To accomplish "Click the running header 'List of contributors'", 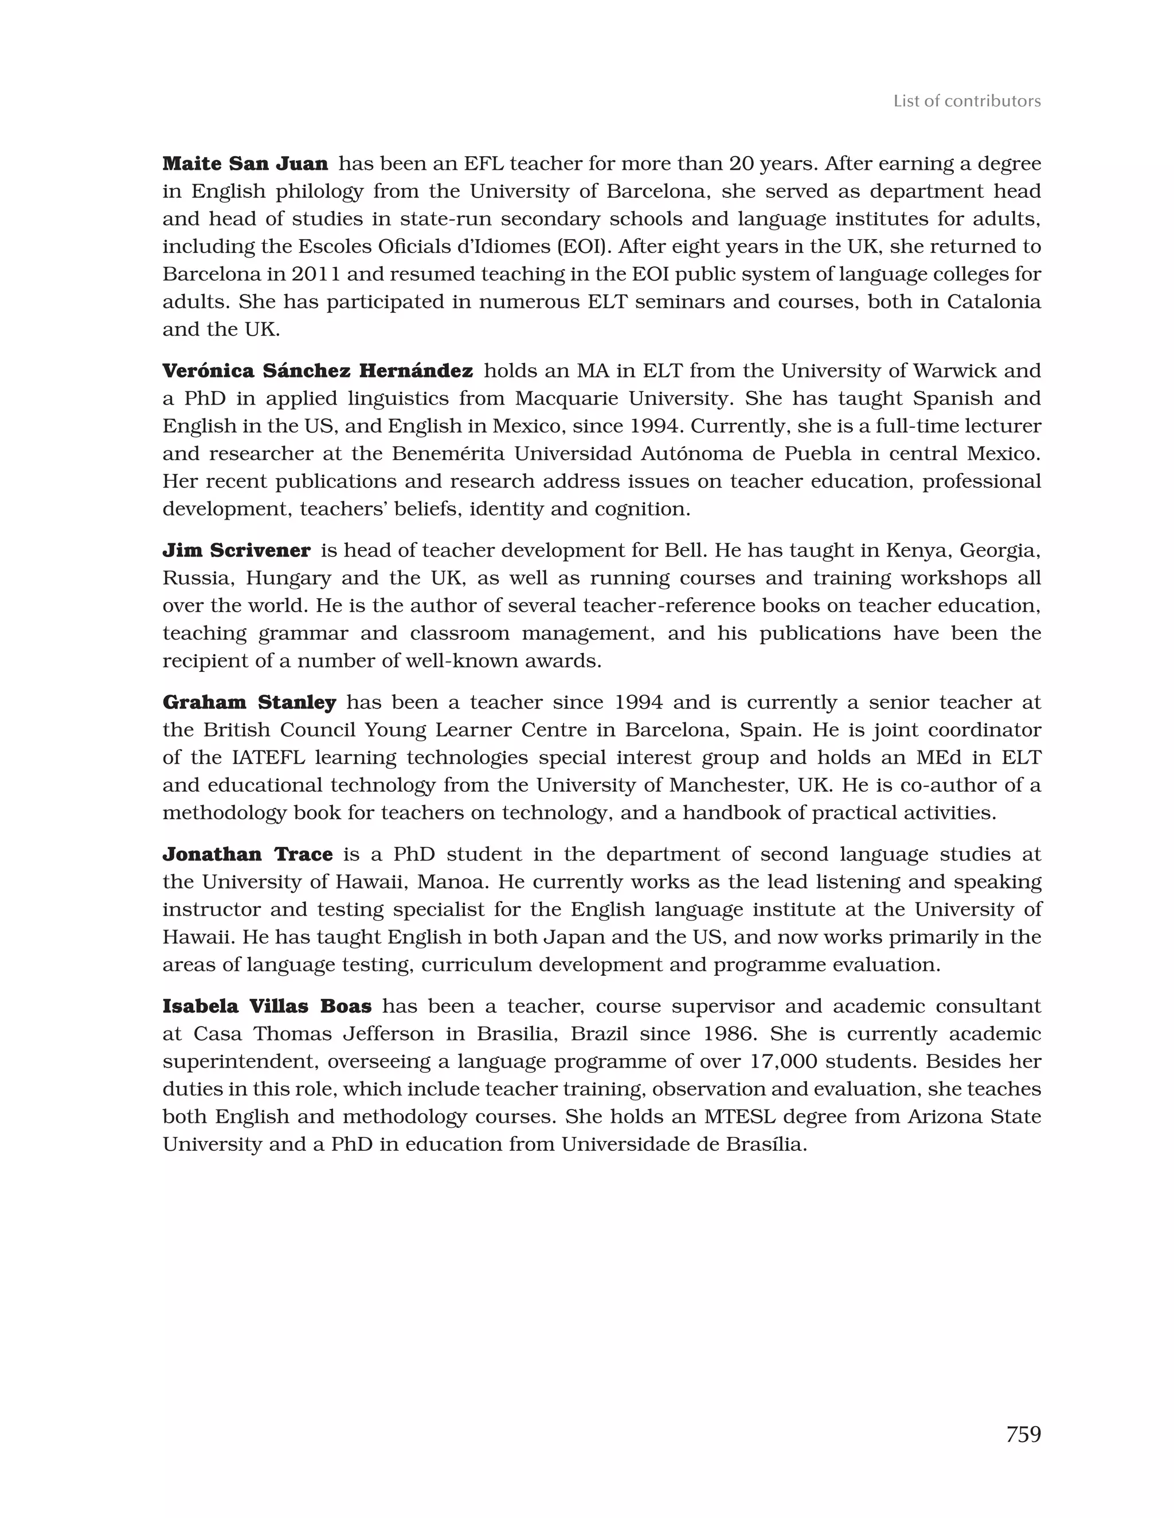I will click(966, 102).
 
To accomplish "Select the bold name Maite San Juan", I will click(245, 164).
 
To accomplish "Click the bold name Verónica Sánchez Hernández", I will click(318, 371).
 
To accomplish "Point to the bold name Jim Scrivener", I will click(236, 551).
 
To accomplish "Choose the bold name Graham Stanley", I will click(249, 703).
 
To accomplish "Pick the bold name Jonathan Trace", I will click(247, 854).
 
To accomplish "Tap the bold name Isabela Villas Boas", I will click(267, 1006).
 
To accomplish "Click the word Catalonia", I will click(994, 302).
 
